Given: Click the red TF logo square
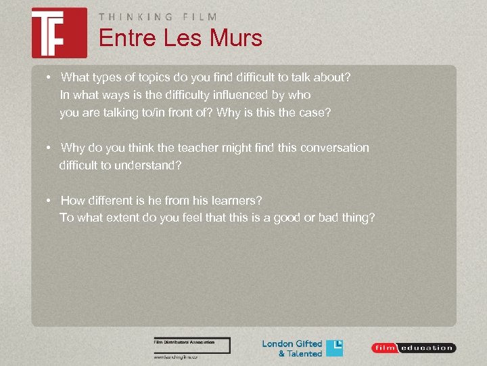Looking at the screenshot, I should coord(59,33).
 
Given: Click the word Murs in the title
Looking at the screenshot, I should coord(237,38).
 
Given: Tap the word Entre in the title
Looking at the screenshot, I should coord(126,38).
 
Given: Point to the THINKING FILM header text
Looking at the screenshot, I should coord(158,17).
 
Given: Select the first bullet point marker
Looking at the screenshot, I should coord(49,77).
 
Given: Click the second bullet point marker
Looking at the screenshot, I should coord(49,148).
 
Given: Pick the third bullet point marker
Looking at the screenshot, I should coord(49,201).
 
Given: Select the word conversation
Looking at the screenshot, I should coord(335,148).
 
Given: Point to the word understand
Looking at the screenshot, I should coord(147,165).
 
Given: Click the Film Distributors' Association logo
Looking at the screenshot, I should coord(192,345).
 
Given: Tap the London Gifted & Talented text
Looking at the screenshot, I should coord(292,348).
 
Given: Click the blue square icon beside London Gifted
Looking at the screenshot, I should coord(335,348).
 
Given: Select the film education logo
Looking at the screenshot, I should coord(413,348).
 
